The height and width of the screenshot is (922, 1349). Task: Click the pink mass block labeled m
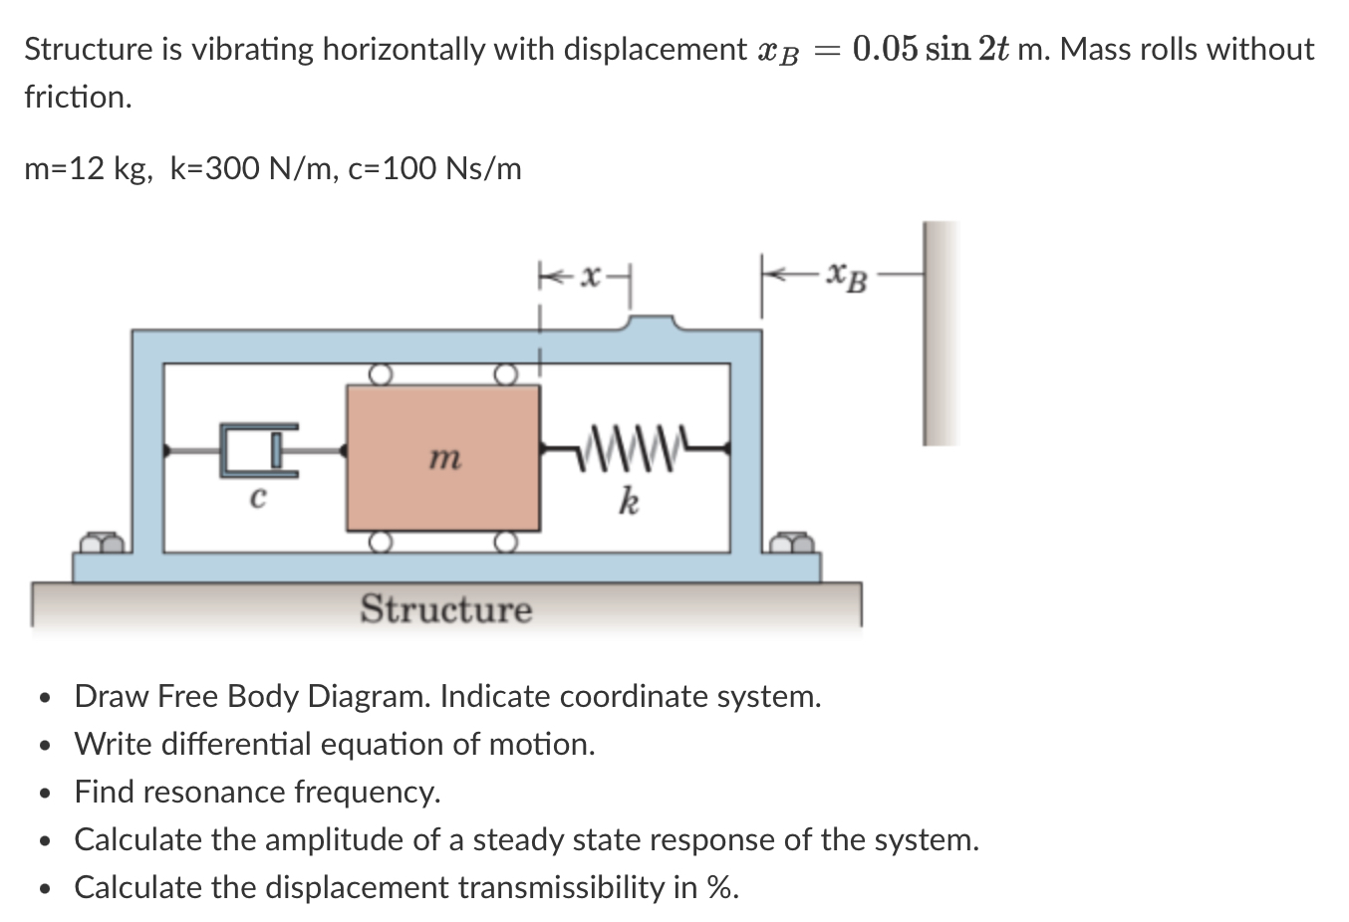click(443, 458)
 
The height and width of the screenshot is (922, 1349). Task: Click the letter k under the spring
click(628, 500)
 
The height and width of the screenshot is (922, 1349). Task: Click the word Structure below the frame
click(445, 608)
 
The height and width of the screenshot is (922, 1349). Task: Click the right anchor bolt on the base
click(794, 543)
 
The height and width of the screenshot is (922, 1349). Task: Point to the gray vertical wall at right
click(940, 334)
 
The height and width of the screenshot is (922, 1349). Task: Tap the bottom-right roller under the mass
click(506, 542)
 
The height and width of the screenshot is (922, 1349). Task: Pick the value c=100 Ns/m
click(434, 168)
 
